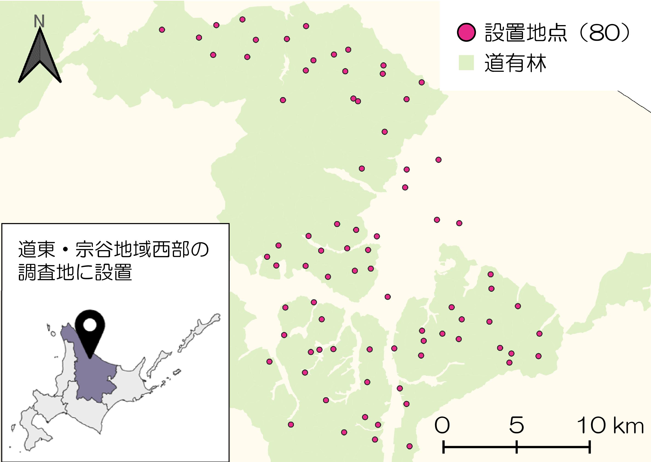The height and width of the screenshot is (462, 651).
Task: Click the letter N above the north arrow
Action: coord(39,21)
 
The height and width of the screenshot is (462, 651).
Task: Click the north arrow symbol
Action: coord(40,57)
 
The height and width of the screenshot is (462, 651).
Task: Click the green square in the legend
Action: coord(466,63)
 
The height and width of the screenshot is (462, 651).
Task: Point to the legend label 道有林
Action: coord(515,63)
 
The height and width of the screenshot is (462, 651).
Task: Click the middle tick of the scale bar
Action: coord(517,447)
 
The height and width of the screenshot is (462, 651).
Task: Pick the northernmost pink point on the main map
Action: coord(242,19)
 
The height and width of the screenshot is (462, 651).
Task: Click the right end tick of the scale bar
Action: coord(590,447)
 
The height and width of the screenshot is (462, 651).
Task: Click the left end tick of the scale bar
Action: coord(443,447)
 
